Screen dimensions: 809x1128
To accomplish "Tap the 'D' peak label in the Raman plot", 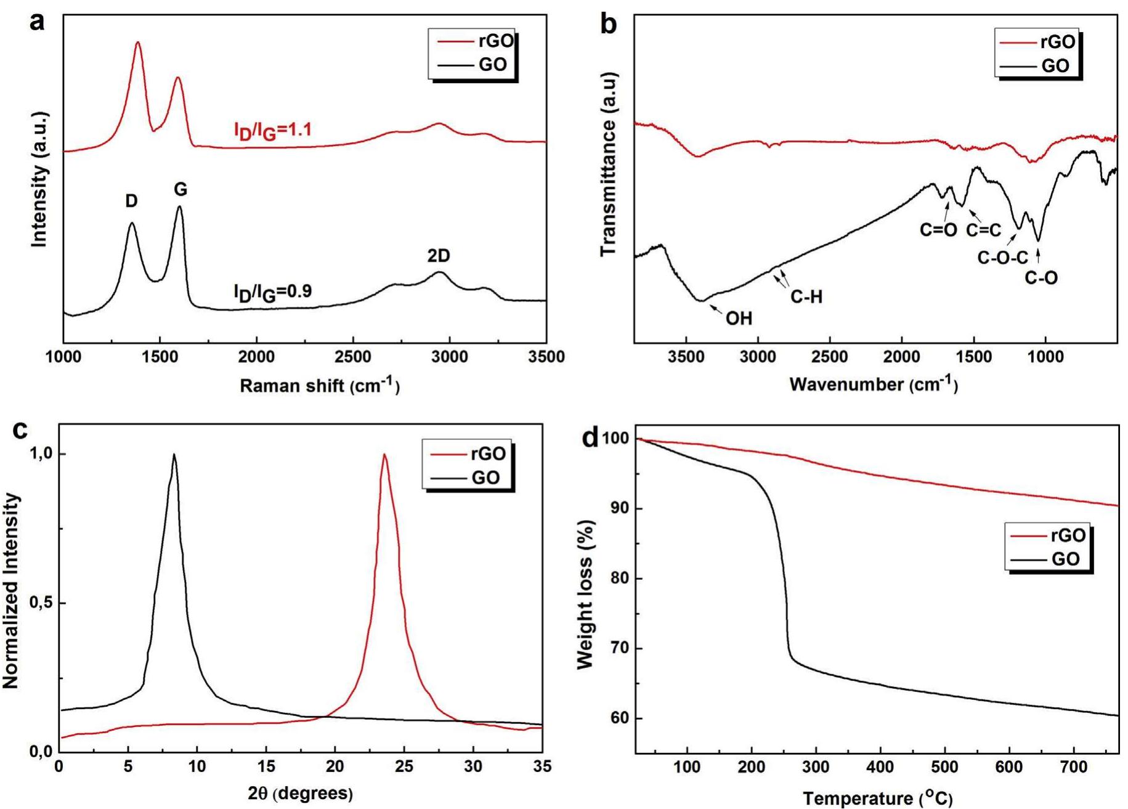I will [131, 201].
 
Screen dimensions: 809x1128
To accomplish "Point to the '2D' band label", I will [439, 255].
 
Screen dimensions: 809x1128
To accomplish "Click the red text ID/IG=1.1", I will [273, 131].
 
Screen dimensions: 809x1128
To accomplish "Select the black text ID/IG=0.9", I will [272, 292].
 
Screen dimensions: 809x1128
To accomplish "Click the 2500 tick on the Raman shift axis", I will [353, 357].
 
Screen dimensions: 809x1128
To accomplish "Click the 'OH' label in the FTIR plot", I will [739, 318].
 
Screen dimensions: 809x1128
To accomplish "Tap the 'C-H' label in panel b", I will [806, 297].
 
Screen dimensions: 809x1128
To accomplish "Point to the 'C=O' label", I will [938, 230].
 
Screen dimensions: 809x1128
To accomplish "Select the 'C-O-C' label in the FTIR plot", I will [1002, 258].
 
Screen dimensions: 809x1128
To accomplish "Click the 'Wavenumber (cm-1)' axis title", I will [874, 384].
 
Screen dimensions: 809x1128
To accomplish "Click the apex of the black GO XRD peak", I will [174, 455].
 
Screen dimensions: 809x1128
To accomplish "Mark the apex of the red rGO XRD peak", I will [384, 455].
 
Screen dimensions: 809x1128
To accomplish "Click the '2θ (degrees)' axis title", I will [301, 793].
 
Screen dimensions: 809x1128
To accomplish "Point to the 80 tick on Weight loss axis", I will [618, 579].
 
